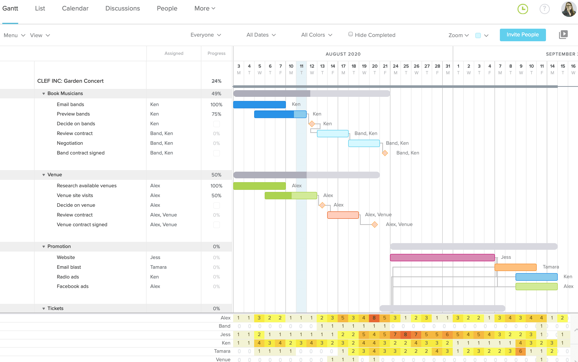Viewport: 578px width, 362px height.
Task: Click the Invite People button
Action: (522, 35)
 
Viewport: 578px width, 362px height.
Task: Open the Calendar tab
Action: (75, 8)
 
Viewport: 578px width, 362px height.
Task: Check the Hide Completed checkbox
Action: (350, 34)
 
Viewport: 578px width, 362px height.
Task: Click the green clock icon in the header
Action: (523, 9)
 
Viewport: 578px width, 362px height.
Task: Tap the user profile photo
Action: (569, 9)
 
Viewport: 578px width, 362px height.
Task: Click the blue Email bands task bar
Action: (259, 105)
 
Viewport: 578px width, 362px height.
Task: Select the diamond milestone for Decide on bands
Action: (312, 124)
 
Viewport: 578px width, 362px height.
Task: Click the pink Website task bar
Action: (442, 257)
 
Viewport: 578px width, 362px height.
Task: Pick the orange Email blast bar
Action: (515, 267)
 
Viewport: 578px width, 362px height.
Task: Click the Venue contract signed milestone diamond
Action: (375, 225)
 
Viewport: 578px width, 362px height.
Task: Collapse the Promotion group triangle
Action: (44, 246)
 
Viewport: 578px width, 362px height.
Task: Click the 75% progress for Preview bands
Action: (216, 114)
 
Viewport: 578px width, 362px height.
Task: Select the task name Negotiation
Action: (70, 143)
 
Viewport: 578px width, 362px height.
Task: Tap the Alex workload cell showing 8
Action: (374, 318)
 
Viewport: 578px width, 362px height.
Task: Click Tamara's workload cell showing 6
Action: (520, 351)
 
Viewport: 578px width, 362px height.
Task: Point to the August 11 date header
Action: (301, 69)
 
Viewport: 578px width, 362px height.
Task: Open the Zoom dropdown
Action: (458, 35)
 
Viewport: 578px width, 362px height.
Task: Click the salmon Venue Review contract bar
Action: (343, 215)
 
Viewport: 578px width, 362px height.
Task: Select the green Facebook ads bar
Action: (536, 286)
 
